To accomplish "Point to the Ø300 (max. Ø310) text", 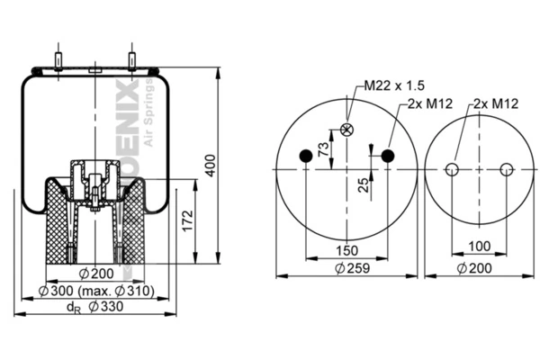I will coord(97,291).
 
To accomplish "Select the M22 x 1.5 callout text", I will coord(393,85).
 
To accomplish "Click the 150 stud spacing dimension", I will coord(347,250).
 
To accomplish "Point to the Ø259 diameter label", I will coord(347,268).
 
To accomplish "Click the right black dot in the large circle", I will coord(388,157).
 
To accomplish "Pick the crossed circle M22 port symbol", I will coord(347,130).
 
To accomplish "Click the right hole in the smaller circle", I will coord(507,169).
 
